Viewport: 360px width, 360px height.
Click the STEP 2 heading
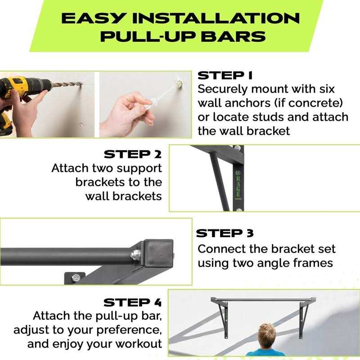point(132,154)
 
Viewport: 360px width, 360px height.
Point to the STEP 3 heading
point(225,234)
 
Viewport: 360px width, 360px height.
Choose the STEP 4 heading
point(132,302)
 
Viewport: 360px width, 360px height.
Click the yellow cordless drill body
point(22,85)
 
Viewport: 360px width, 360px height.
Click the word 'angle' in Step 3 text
point(270,263)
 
